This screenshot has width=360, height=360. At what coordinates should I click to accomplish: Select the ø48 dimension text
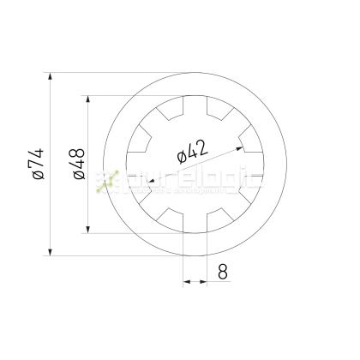(77, 164)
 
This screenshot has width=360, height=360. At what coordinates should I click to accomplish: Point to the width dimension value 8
(222, 273)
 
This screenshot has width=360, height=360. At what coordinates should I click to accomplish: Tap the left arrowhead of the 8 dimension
(186, 279)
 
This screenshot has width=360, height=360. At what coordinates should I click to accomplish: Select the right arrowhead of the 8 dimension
(204, 279)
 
